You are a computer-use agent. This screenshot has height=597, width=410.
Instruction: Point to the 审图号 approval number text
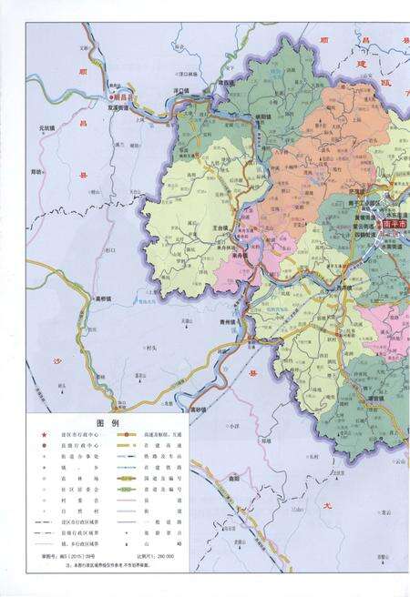click(x=64, y=554)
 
